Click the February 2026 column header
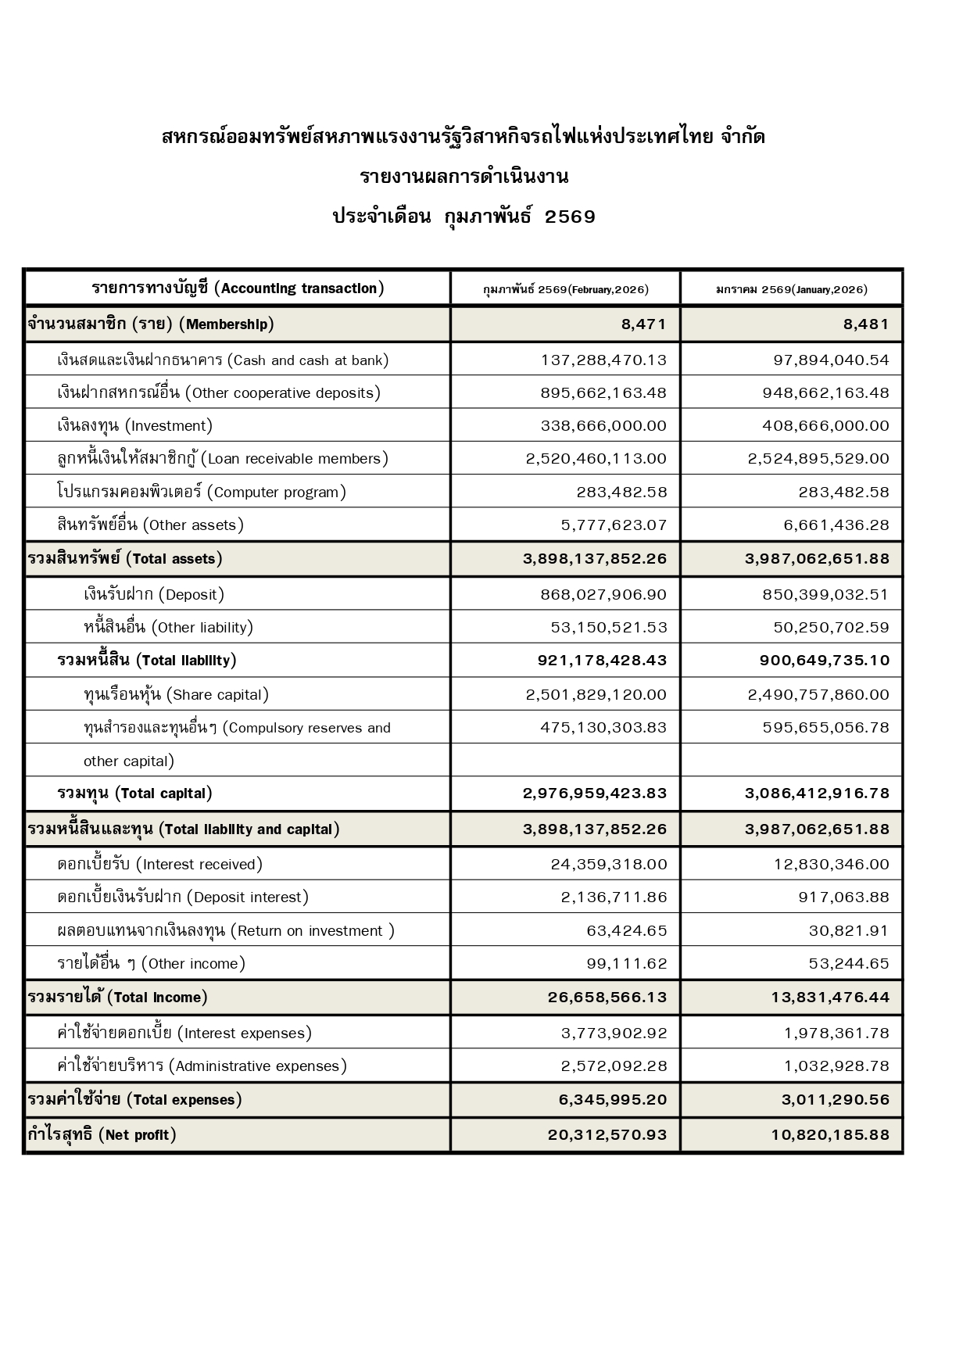tap(565, 289)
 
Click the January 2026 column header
tap(791, 289)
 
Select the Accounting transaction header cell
tap(238, 288)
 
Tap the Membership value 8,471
tap(644, 324)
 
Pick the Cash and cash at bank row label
tap(223, 360)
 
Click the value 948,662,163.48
tap(825, 393)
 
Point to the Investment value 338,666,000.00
tap(603, 426)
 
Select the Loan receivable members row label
tap(223, 459)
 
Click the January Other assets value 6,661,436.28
tap(836, 525)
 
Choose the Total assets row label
tap(125, 559)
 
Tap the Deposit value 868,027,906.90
tap(603, 595)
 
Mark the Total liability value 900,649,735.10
tap(824, 661)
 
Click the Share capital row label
tap(176, 695)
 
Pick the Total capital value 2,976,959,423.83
tap(595, 793)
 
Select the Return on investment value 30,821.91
tap(849, 931)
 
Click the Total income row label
tap(118, 998)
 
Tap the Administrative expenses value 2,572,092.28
tap(614, 1066)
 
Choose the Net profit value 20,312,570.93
tap(607, 1135)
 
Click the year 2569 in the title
tap(570, 217)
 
